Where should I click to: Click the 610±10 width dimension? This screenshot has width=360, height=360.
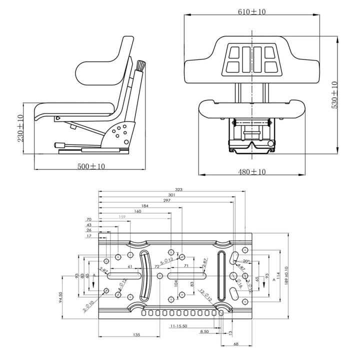[x=252, y=11]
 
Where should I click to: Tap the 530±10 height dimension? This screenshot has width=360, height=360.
[x=334, y=94]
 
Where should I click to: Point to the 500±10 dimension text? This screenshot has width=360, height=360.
[x=90, y=166]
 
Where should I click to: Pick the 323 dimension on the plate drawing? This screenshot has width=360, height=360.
[x=178, y=189]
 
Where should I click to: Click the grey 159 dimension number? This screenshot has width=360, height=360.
[x=122, y=217]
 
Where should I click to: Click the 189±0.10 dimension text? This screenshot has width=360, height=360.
[x=286, y=275]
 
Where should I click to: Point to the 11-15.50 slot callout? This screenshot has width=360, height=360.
[x=178, y=326]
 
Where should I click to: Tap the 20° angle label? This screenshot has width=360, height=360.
[x=245, y=261]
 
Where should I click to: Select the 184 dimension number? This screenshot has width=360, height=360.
[x=145, y=205]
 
